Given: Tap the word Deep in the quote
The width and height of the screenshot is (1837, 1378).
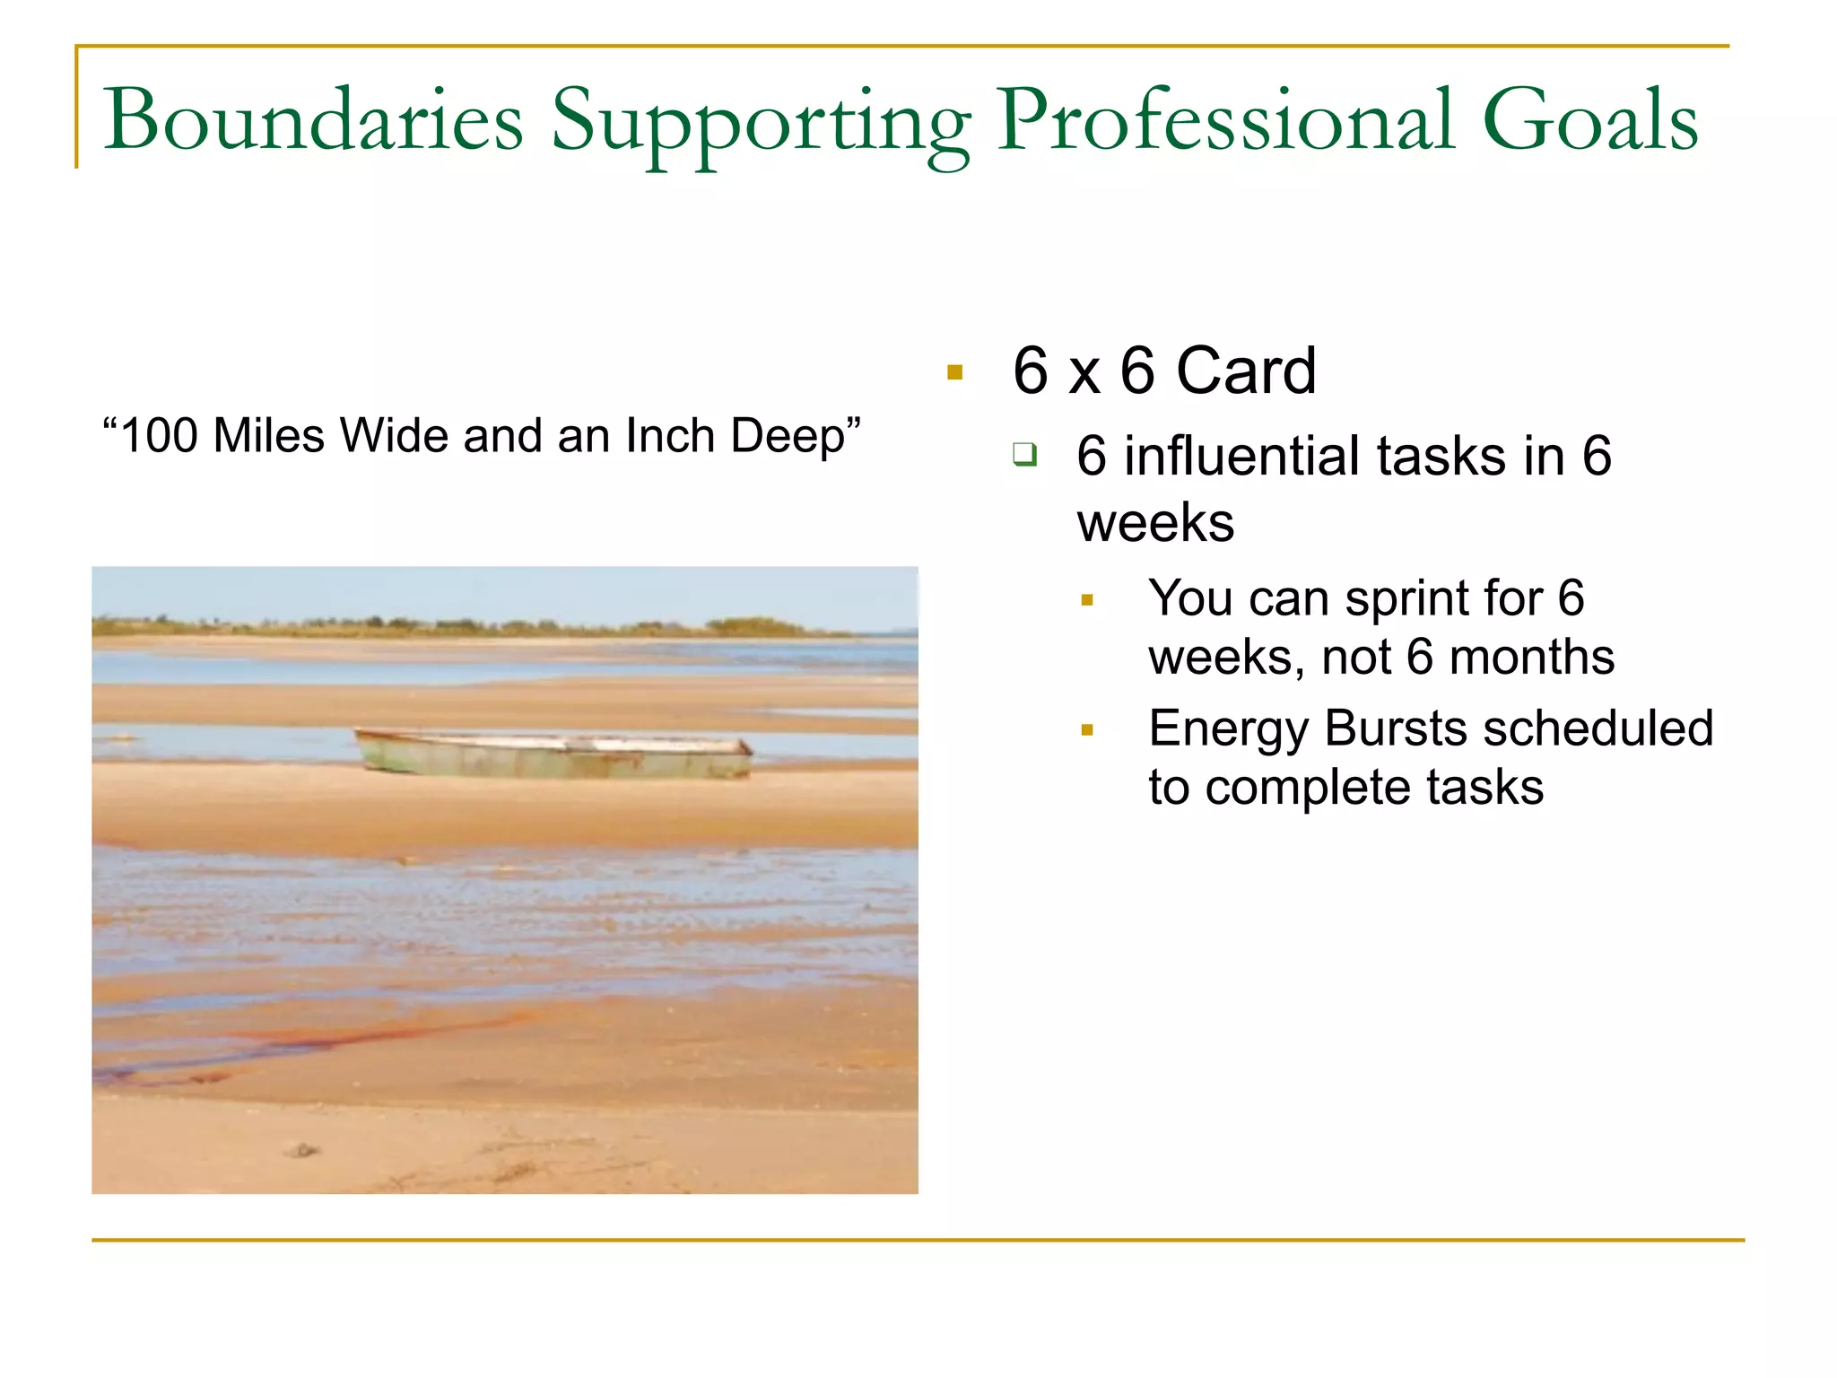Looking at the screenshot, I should [x=788, y=438].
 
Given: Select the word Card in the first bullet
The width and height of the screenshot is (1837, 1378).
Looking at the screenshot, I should [x=1246, y=371].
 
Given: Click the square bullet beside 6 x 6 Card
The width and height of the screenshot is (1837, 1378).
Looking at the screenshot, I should [x=954, y=372].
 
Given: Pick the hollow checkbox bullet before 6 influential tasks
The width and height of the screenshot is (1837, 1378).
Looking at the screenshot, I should [x=1024, y=454].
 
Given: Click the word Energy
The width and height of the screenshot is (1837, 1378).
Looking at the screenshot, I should [x=1229, y=729].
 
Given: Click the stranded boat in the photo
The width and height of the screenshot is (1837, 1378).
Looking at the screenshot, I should [x=554, y=754].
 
